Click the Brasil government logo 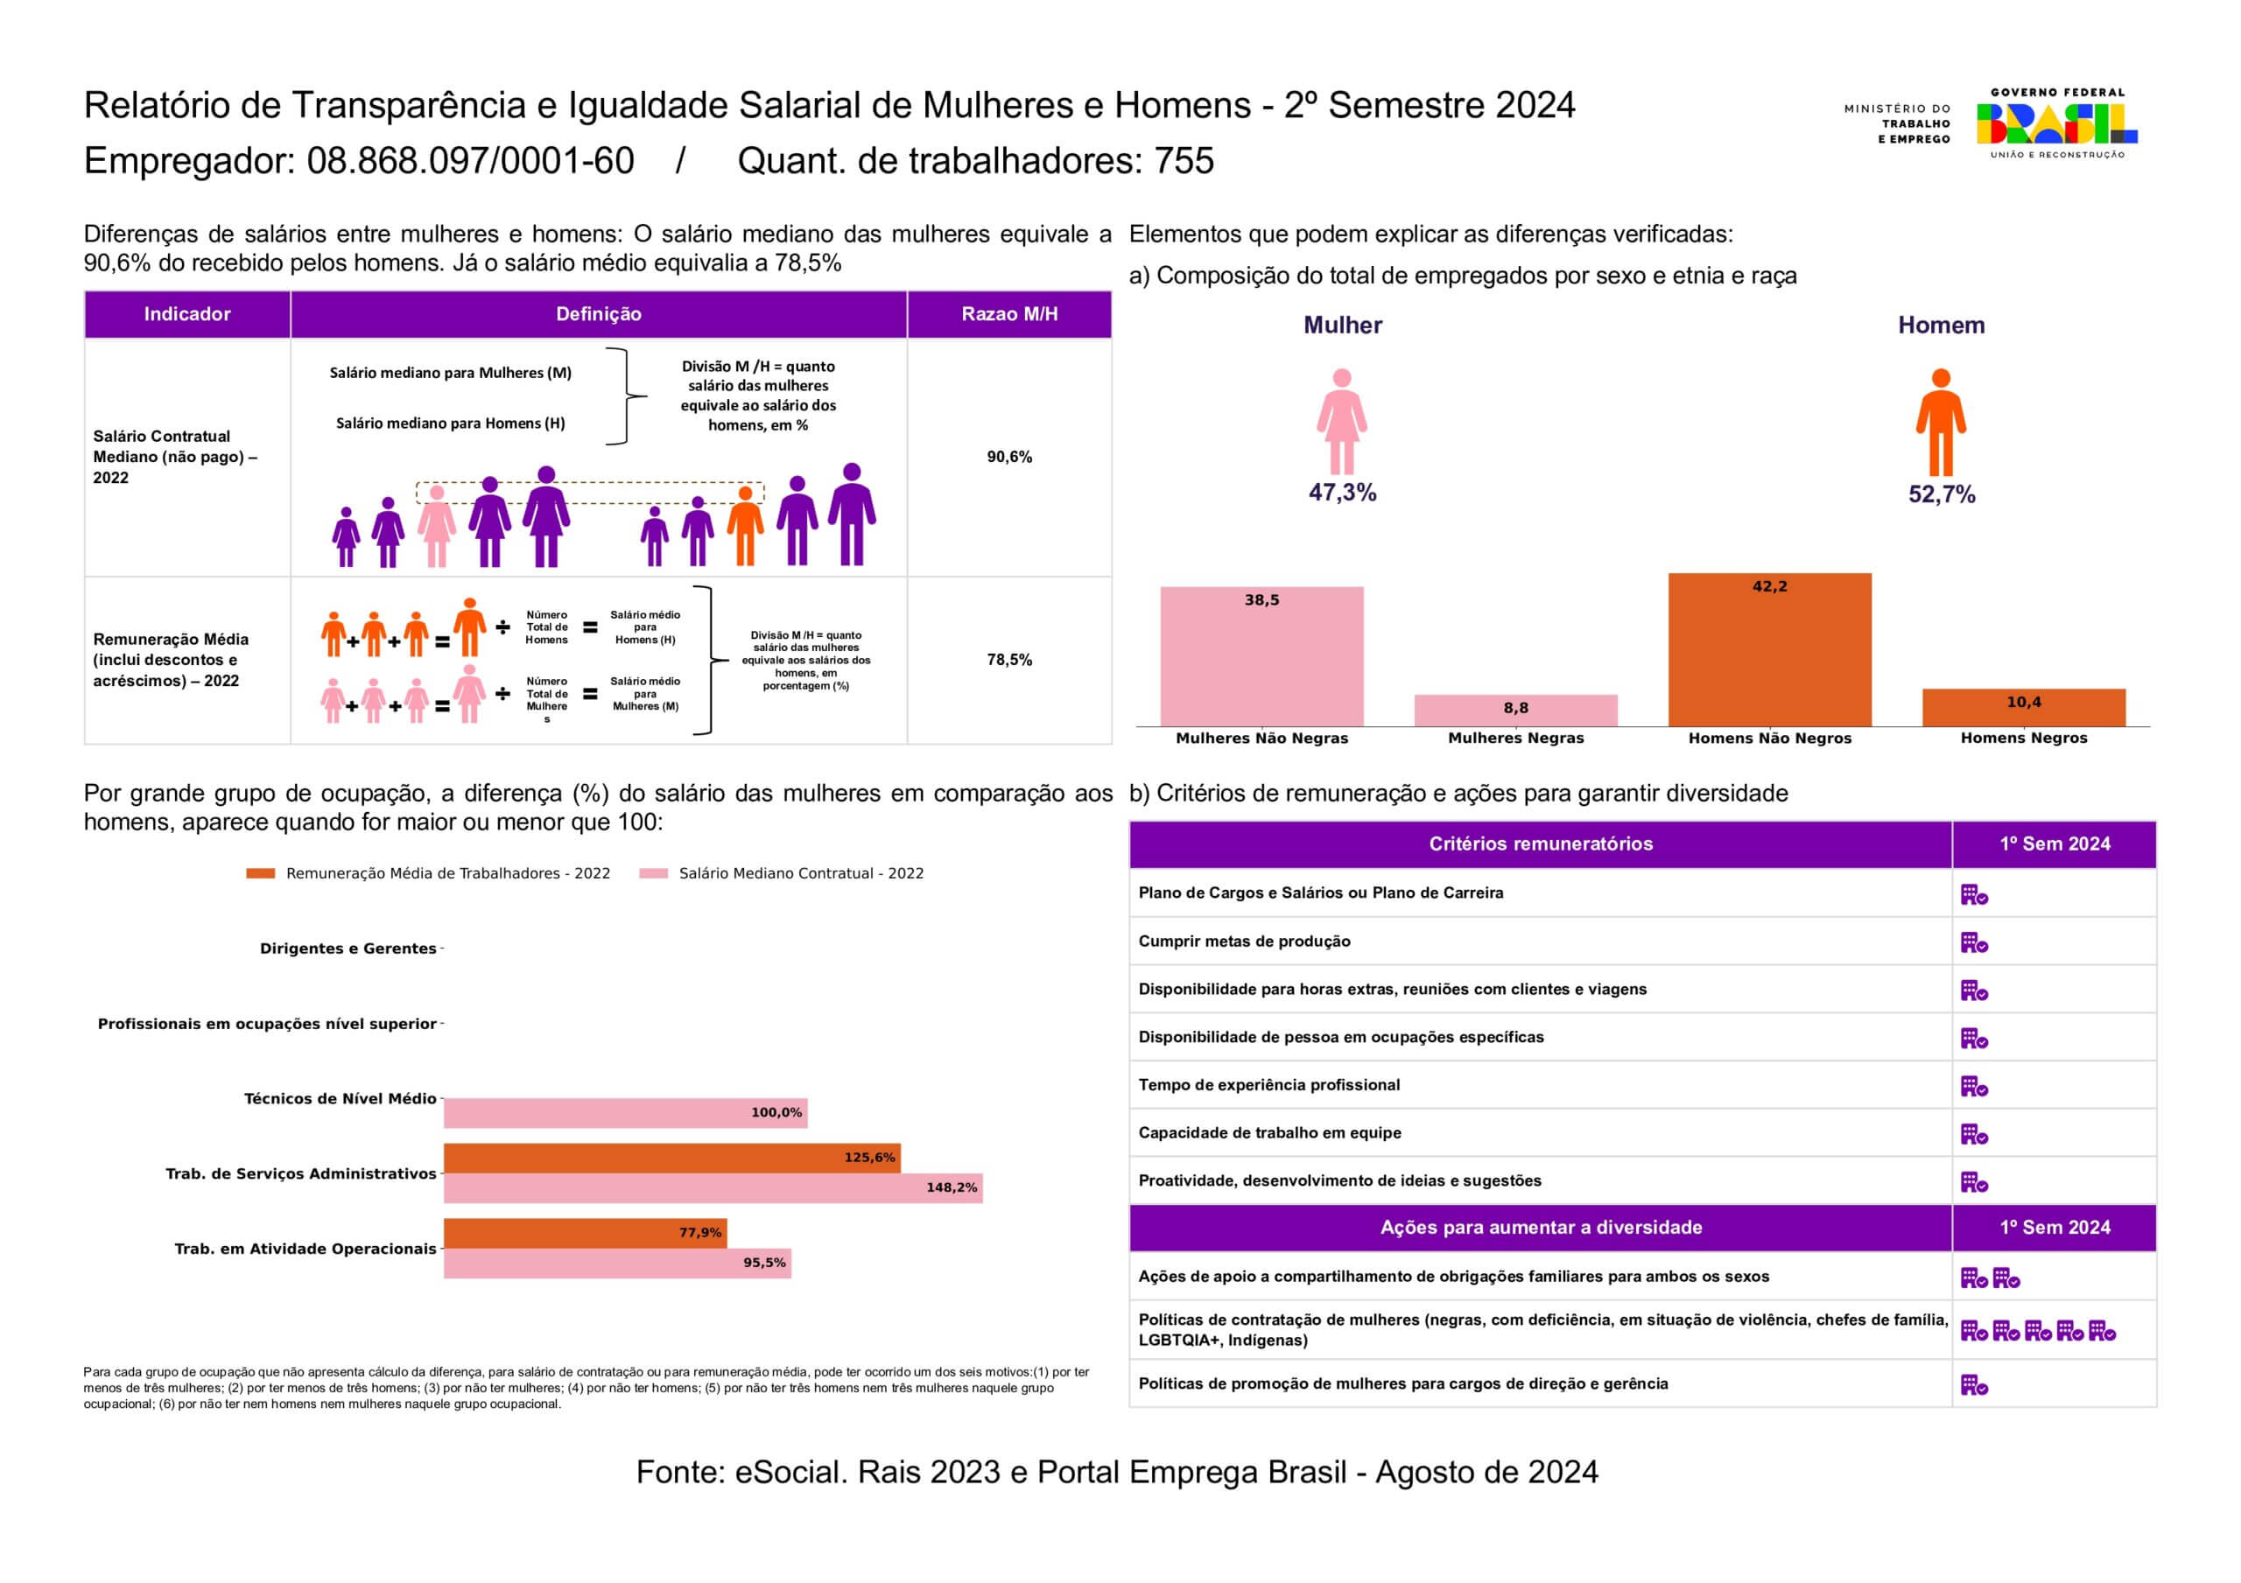[x=2056, y=124]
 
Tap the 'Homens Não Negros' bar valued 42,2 [x=1769, y=649]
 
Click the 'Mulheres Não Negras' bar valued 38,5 [x=1261, y=655]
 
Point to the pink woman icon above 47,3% [x=1342, y=422]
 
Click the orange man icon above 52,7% [x=1941, y=422]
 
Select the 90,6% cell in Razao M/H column [x=1009, y=457]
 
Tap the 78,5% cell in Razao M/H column [x=1009, y=660]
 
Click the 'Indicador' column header [x=187, y=314]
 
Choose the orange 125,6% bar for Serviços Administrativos [x=671, y=1158]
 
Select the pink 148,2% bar [x=713, y=1187]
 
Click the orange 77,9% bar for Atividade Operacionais [x=585, y=1233]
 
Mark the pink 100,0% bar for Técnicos [x=625, y=1112]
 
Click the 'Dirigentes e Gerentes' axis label [x=348, y=949]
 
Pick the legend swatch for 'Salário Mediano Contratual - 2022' [x=653, y=873]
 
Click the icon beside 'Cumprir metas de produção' [x=1973, y=942]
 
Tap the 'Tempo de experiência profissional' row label [x=1268, y=1085]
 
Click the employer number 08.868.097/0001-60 [x=470, y=161]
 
